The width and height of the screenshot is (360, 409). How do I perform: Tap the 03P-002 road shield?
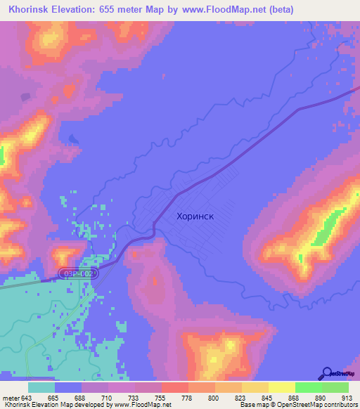[x=77, y=271]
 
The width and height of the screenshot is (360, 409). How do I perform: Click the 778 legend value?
[x=188, y=397]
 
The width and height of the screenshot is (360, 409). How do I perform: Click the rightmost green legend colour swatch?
[x=335, y=387]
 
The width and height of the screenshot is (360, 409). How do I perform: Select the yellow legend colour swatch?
[x=281, y=387]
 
